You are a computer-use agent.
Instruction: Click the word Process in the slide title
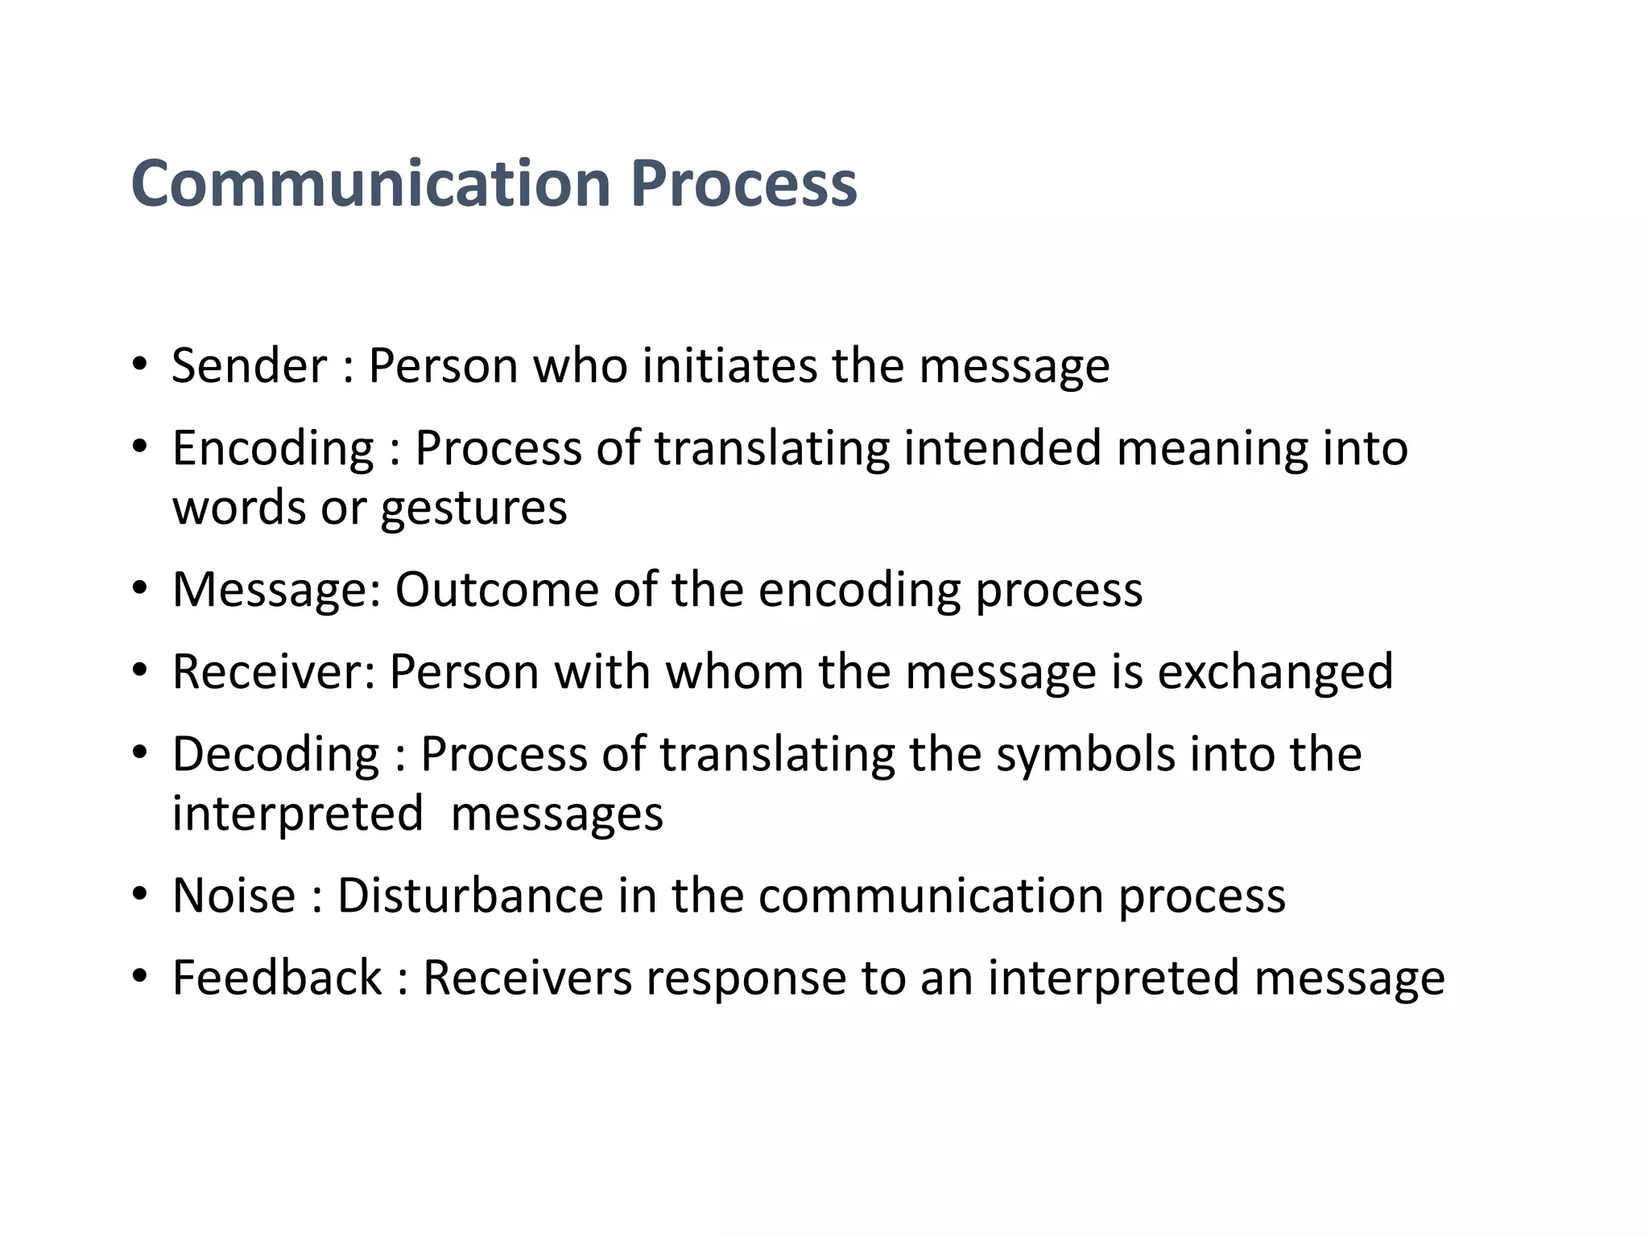pyautogui.click(x=744, y=183)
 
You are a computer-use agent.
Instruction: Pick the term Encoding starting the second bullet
pyautogui.click(x=273, y=448)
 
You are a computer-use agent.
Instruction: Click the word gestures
pyautogui.click(x=473, y=509)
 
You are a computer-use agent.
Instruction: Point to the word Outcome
pyautogui.click(x=496, y=590)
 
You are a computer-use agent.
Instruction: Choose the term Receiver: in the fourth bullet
pyautogui.click(x=274, y=672)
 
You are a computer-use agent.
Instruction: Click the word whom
pyautogui.click(x=734, y=672)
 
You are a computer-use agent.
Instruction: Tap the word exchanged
pyautogui.click(x=1275, y=672)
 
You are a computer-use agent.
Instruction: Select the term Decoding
pyautogui.click(x=275, y=755)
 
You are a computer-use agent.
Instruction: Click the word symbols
pyautogui.click(x=1085, y=755)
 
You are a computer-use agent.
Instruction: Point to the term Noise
pyautogui.click(x=234, y=896)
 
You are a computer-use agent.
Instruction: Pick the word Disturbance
pyautogui.click(x=470, y=896)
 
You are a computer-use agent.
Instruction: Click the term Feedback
pyautogui.click(x=277, y=978)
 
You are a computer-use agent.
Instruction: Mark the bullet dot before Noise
pyautogui.click(x=140, y=894)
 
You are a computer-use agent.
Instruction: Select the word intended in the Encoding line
pyautogui.click(x=1002, y=448)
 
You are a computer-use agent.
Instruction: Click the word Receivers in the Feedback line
pyautogui.click(x=527, y=978)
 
